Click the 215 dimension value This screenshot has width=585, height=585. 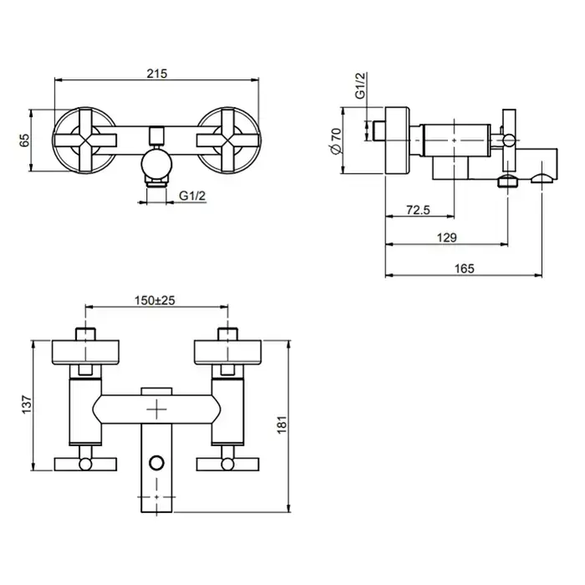[x=157, y=74]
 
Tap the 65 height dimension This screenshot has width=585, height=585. [x=24, y=140]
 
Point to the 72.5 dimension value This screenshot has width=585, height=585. [x=418, y=210]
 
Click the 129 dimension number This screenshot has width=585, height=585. [x=446, y=237]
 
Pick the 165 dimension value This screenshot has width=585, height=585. [x=464, y=268]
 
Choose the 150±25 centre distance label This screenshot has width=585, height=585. [x=155, y=300]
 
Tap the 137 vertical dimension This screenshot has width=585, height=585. [x=27, y=404]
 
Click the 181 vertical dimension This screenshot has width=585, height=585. [x=282, y=425]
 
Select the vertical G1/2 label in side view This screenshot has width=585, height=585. [x=360, y=86]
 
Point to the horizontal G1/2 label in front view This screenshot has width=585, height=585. [x=192, y=195]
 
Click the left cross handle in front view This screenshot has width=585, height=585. [x=86, y=140]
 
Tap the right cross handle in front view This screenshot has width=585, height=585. [x=227, y=140]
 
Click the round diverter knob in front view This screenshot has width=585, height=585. [x=157, y=163]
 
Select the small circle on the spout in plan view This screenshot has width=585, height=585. [x=157, y=463]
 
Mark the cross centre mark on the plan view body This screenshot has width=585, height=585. [x=157, y=409]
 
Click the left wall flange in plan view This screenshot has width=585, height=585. [x=85, y=352]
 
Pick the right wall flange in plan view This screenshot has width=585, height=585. [x=228, y=352]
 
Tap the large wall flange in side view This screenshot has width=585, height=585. [x=397, y=140]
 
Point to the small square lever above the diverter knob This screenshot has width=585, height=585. [x=157, y=135]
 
